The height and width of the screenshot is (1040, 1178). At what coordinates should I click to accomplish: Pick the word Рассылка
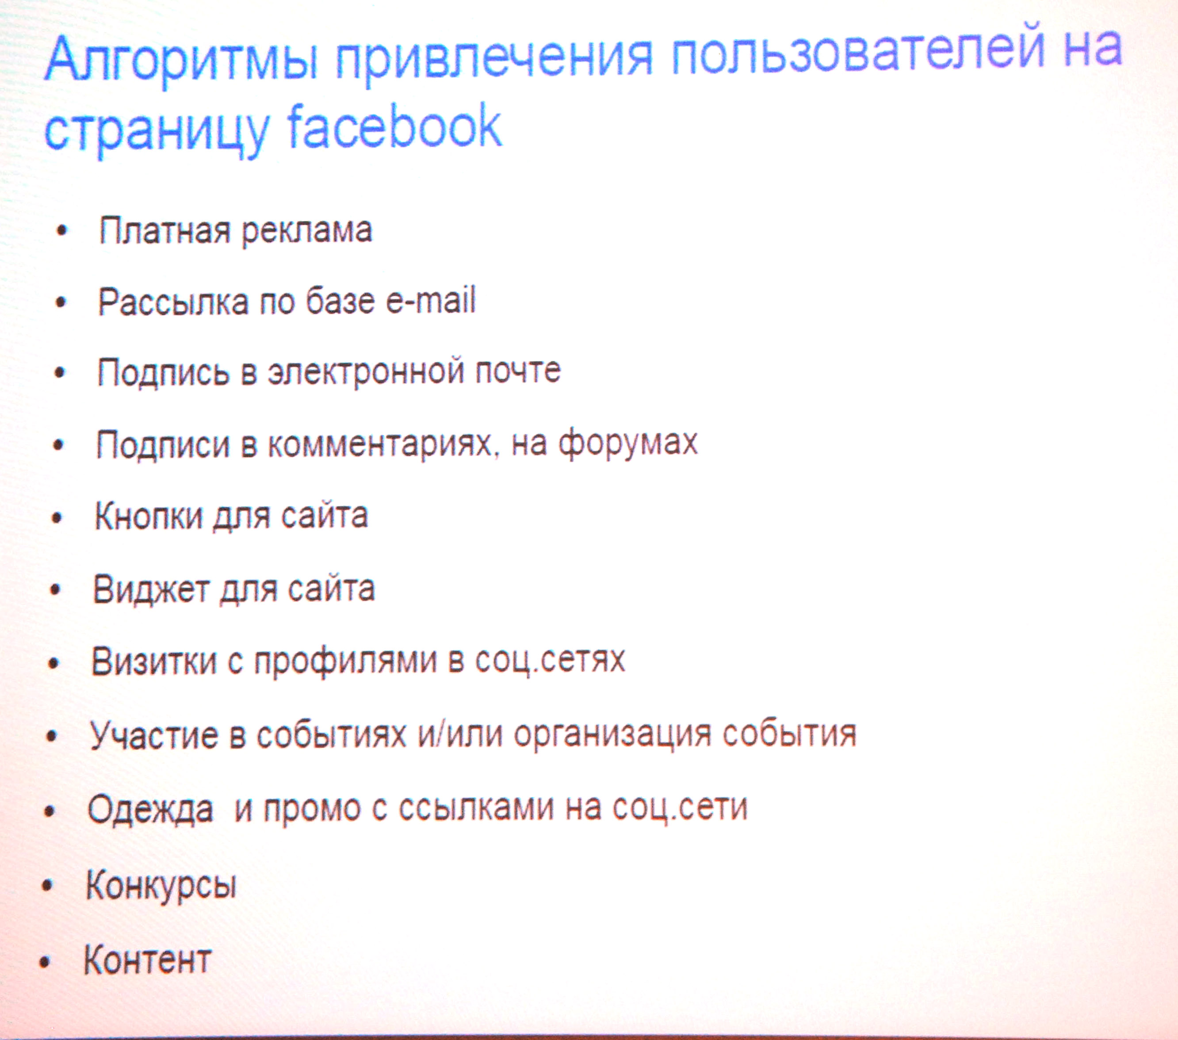coord(173,302)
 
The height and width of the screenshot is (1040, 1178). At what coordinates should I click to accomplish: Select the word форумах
coord(628,444)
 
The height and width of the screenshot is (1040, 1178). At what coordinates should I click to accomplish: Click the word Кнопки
coord(149,515)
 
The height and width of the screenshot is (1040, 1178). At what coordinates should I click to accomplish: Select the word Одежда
coord(150,809)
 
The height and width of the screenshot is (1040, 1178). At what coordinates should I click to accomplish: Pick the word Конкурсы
coord(161,885)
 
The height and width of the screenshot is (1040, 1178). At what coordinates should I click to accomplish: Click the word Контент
coord(148,960)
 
